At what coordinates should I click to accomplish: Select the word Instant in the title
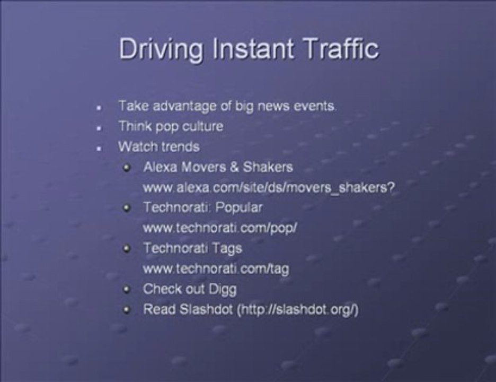(x=253, y=49)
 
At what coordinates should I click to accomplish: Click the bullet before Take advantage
(x=99, y=107)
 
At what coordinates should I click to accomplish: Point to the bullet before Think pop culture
(x=99, y=128)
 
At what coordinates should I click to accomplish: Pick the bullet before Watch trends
(x=99, y=148)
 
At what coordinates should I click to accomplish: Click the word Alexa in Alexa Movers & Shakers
(x=161, y=167)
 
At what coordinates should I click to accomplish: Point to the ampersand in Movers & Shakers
(x=235, y=167)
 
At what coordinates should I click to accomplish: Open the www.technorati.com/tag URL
(x=216, y=268)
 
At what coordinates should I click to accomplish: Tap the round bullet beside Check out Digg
(x=126, y=290)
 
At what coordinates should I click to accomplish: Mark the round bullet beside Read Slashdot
(x=126, y=310)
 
